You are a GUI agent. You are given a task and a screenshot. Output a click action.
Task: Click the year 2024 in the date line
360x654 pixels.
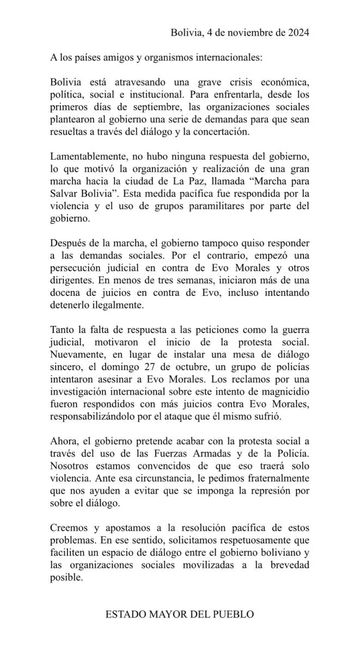point(297,33)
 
